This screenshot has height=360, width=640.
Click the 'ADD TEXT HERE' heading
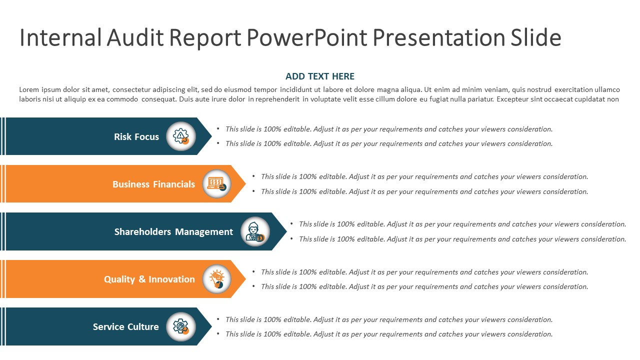pyautogui.click(x=320, y=76)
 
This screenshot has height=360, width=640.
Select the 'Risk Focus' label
pyautogui.click(x=136, y=136)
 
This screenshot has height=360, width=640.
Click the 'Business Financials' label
pyautogui.click(x=153, y=184)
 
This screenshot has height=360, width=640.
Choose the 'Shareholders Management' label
pyautogui.click(x=173, y=231)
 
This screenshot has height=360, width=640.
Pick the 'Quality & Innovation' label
pyautogui.click(x=149, y=279)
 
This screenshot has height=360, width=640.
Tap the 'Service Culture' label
pyautogui.click(x=125, y=326)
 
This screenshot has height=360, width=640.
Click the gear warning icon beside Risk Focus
pyautogui.click(x=180, y=136)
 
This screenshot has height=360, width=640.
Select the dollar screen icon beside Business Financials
pyautogui.click(x=216, y=183)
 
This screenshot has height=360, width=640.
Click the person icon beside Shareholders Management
pyautogui.click(x=255, y=231)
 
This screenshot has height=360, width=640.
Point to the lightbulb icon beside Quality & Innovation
pyautogui.click(x=216, y=279)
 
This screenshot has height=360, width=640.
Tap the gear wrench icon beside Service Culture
pyautogui.click(x=180, y=326)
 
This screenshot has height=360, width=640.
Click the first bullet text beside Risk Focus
pyautogui.click(x=388, y=129)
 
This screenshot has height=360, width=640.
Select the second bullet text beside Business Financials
pyautogui.click(x=424, y=191)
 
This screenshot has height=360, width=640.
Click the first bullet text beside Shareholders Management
pyautogui.click(x=462, y=224)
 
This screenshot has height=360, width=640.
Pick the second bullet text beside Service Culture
pyautogui.click(x=388, y=334)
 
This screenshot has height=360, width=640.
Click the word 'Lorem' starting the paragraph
pyautogui.click(x=29, y=90)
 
